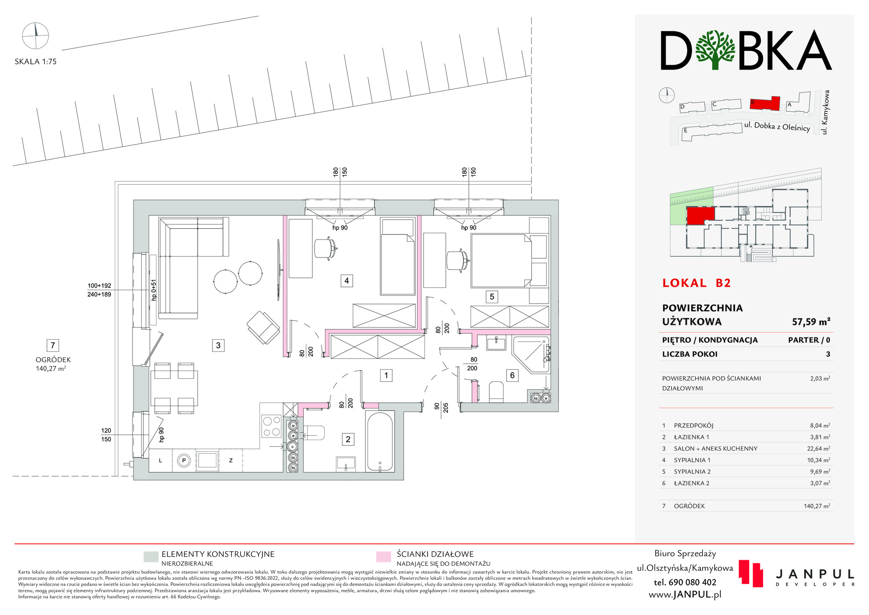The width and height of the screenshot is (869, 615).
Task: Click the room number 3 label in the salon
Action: point(218,345)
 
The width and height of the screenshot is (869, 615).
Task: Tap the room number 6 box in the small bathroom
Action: point(512,375)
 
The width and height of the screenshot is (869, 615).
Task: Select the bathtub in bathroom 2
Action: point(380,442)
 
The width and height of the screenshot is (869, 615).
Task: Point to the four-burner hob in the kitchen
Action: point(271,426)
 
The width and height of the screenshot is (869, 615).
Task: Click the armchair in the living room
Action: point(263,328)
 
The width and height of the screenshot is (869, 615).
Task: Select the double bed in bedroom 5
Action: point(501,261)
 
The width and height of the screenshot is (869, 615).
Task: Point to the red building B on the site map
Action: point(765,104)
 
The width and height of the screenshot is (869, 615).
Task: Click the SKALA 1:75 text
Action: point(36,62)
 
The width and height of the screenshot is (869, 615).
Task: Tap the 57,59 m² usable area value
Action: point(811,322)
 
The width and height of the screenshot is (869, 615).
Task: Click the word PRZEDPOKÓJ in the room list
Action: point(693,425)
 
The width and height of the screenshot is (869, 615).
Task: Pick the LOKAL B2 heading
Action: point(697,283)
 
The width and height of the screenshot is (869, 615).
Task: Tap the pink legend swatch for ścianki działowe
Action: point(383,557)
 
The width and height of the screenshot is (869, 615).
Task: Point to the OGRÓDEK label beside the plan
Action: point(53,360)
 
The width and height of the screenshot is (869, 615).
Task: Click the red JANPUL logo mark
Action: point(751,573)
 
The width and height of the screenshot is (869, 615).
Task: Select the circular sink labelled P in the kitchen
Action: point(184,461)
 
